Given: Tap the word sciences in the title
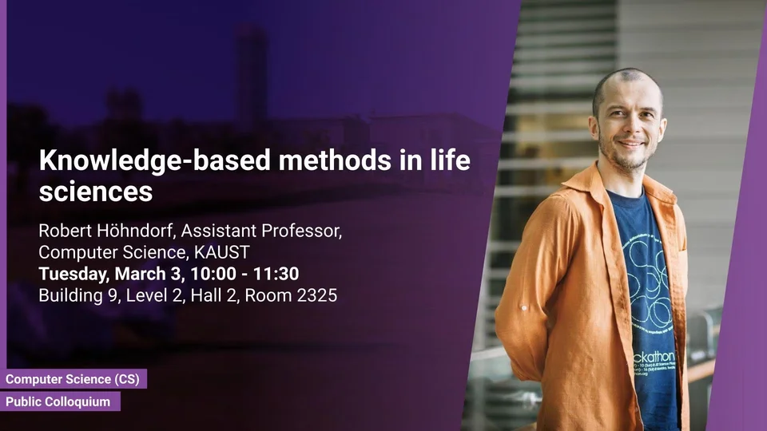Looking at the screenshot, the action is [96, 192].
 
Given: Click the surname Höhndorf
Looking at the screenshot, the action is [133, 231].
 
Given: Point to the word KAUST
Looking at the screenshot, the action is [222, 252].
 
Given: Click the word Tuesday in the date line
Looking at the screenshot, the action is [74, 274].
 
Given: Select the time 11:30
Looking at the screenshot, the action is [276, 274].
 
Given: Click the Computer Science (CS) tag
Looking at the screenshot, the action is [73, 379].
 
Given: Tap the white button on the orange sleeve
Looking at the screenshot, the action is [524, 308].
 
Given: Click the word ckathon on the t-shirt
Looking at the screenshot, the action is [654, 357].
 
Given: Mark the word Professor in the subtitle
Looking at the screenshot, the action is [301, 231].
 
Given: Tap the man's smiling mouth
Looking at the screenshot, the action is [631, 144].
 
